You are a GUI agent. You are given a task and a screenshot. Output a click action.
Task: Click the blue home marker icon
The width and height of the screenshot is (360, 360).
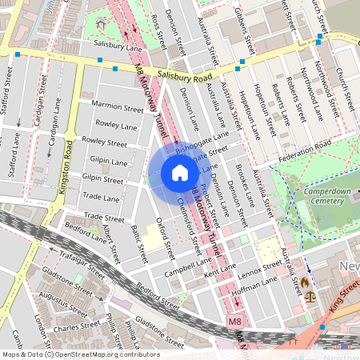[180, 173]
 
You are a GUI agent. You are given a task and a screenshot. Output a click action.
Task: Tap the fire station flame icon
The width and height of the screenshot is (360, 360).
[304, 282]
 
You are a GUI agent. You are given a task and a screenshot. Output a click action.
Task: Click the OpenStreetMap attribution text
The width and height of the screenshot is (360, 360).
[81, 354]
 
